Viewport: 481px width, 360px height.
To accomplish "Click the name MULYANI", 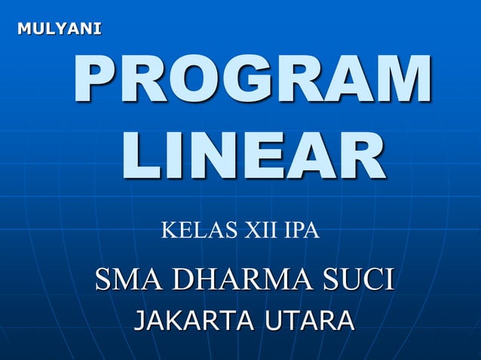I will click(x=59, y=29).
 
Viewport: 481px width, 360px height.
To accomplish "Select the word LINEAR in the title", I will click(x=253, y=157).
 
